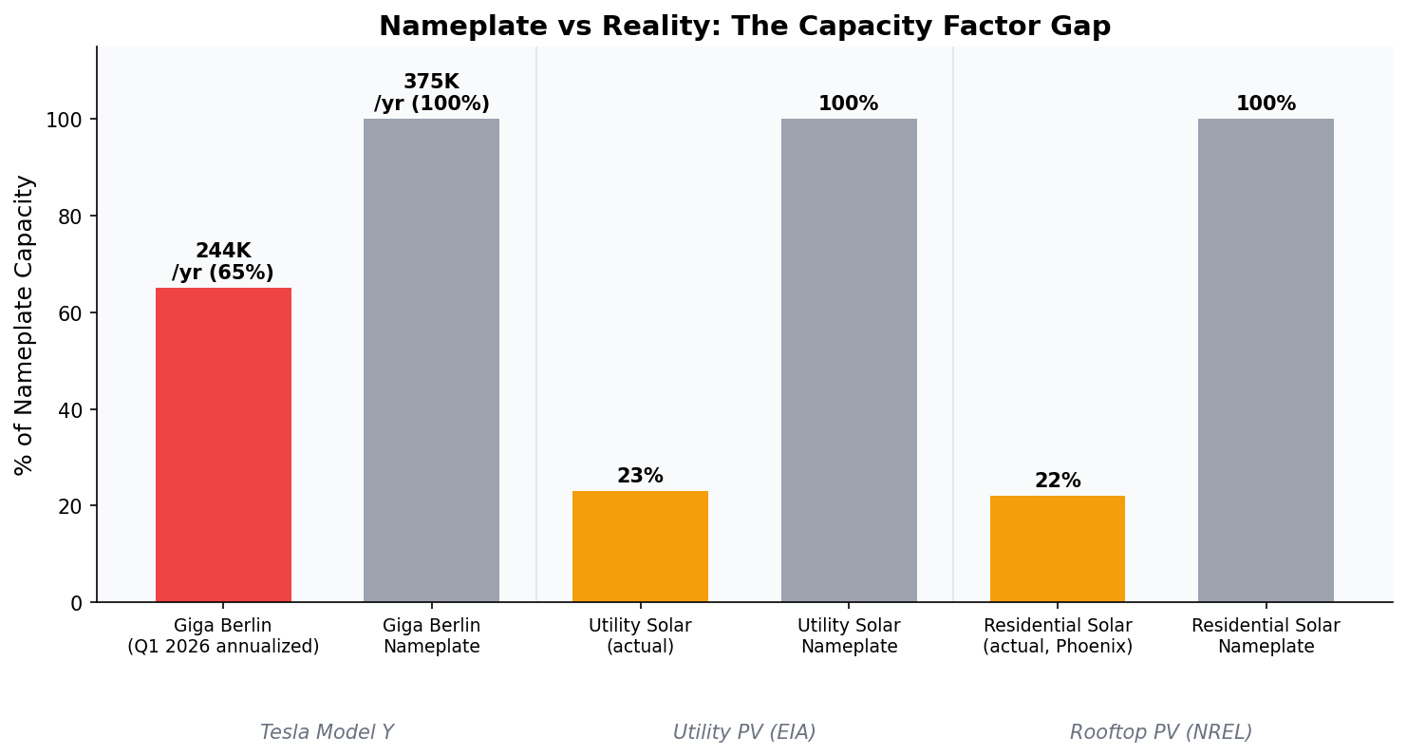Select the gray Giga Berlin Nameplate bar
[x=431, y=360]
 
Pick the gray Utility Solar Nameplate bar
[x=849, y=360]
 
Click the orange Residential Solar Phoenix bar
[x=1057, y=549]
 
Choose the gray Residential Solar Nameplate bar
[x=1266, y=360]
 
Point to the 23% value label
[x=640, y=476]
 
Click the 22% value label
[x=1057, y=481]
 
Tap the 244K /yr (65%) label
[x=223, y=262]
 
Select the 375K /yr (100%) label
[x=431, y=93]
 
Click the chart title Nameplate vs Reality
[x=744, y=27]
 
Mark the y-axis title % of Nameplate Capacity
[x=25, y=324]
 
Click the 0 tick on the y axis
[x=77, y=603]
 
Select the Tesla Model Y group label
[x=327, y=732]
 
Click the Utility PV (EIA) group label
[x=744, y=732]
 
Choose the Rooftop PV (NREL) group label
[x=1161, y=732]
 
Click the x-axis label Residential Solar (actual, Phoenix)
[x=1057, y=636]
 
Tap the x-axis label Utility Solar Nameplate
[x=849, y=636]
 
